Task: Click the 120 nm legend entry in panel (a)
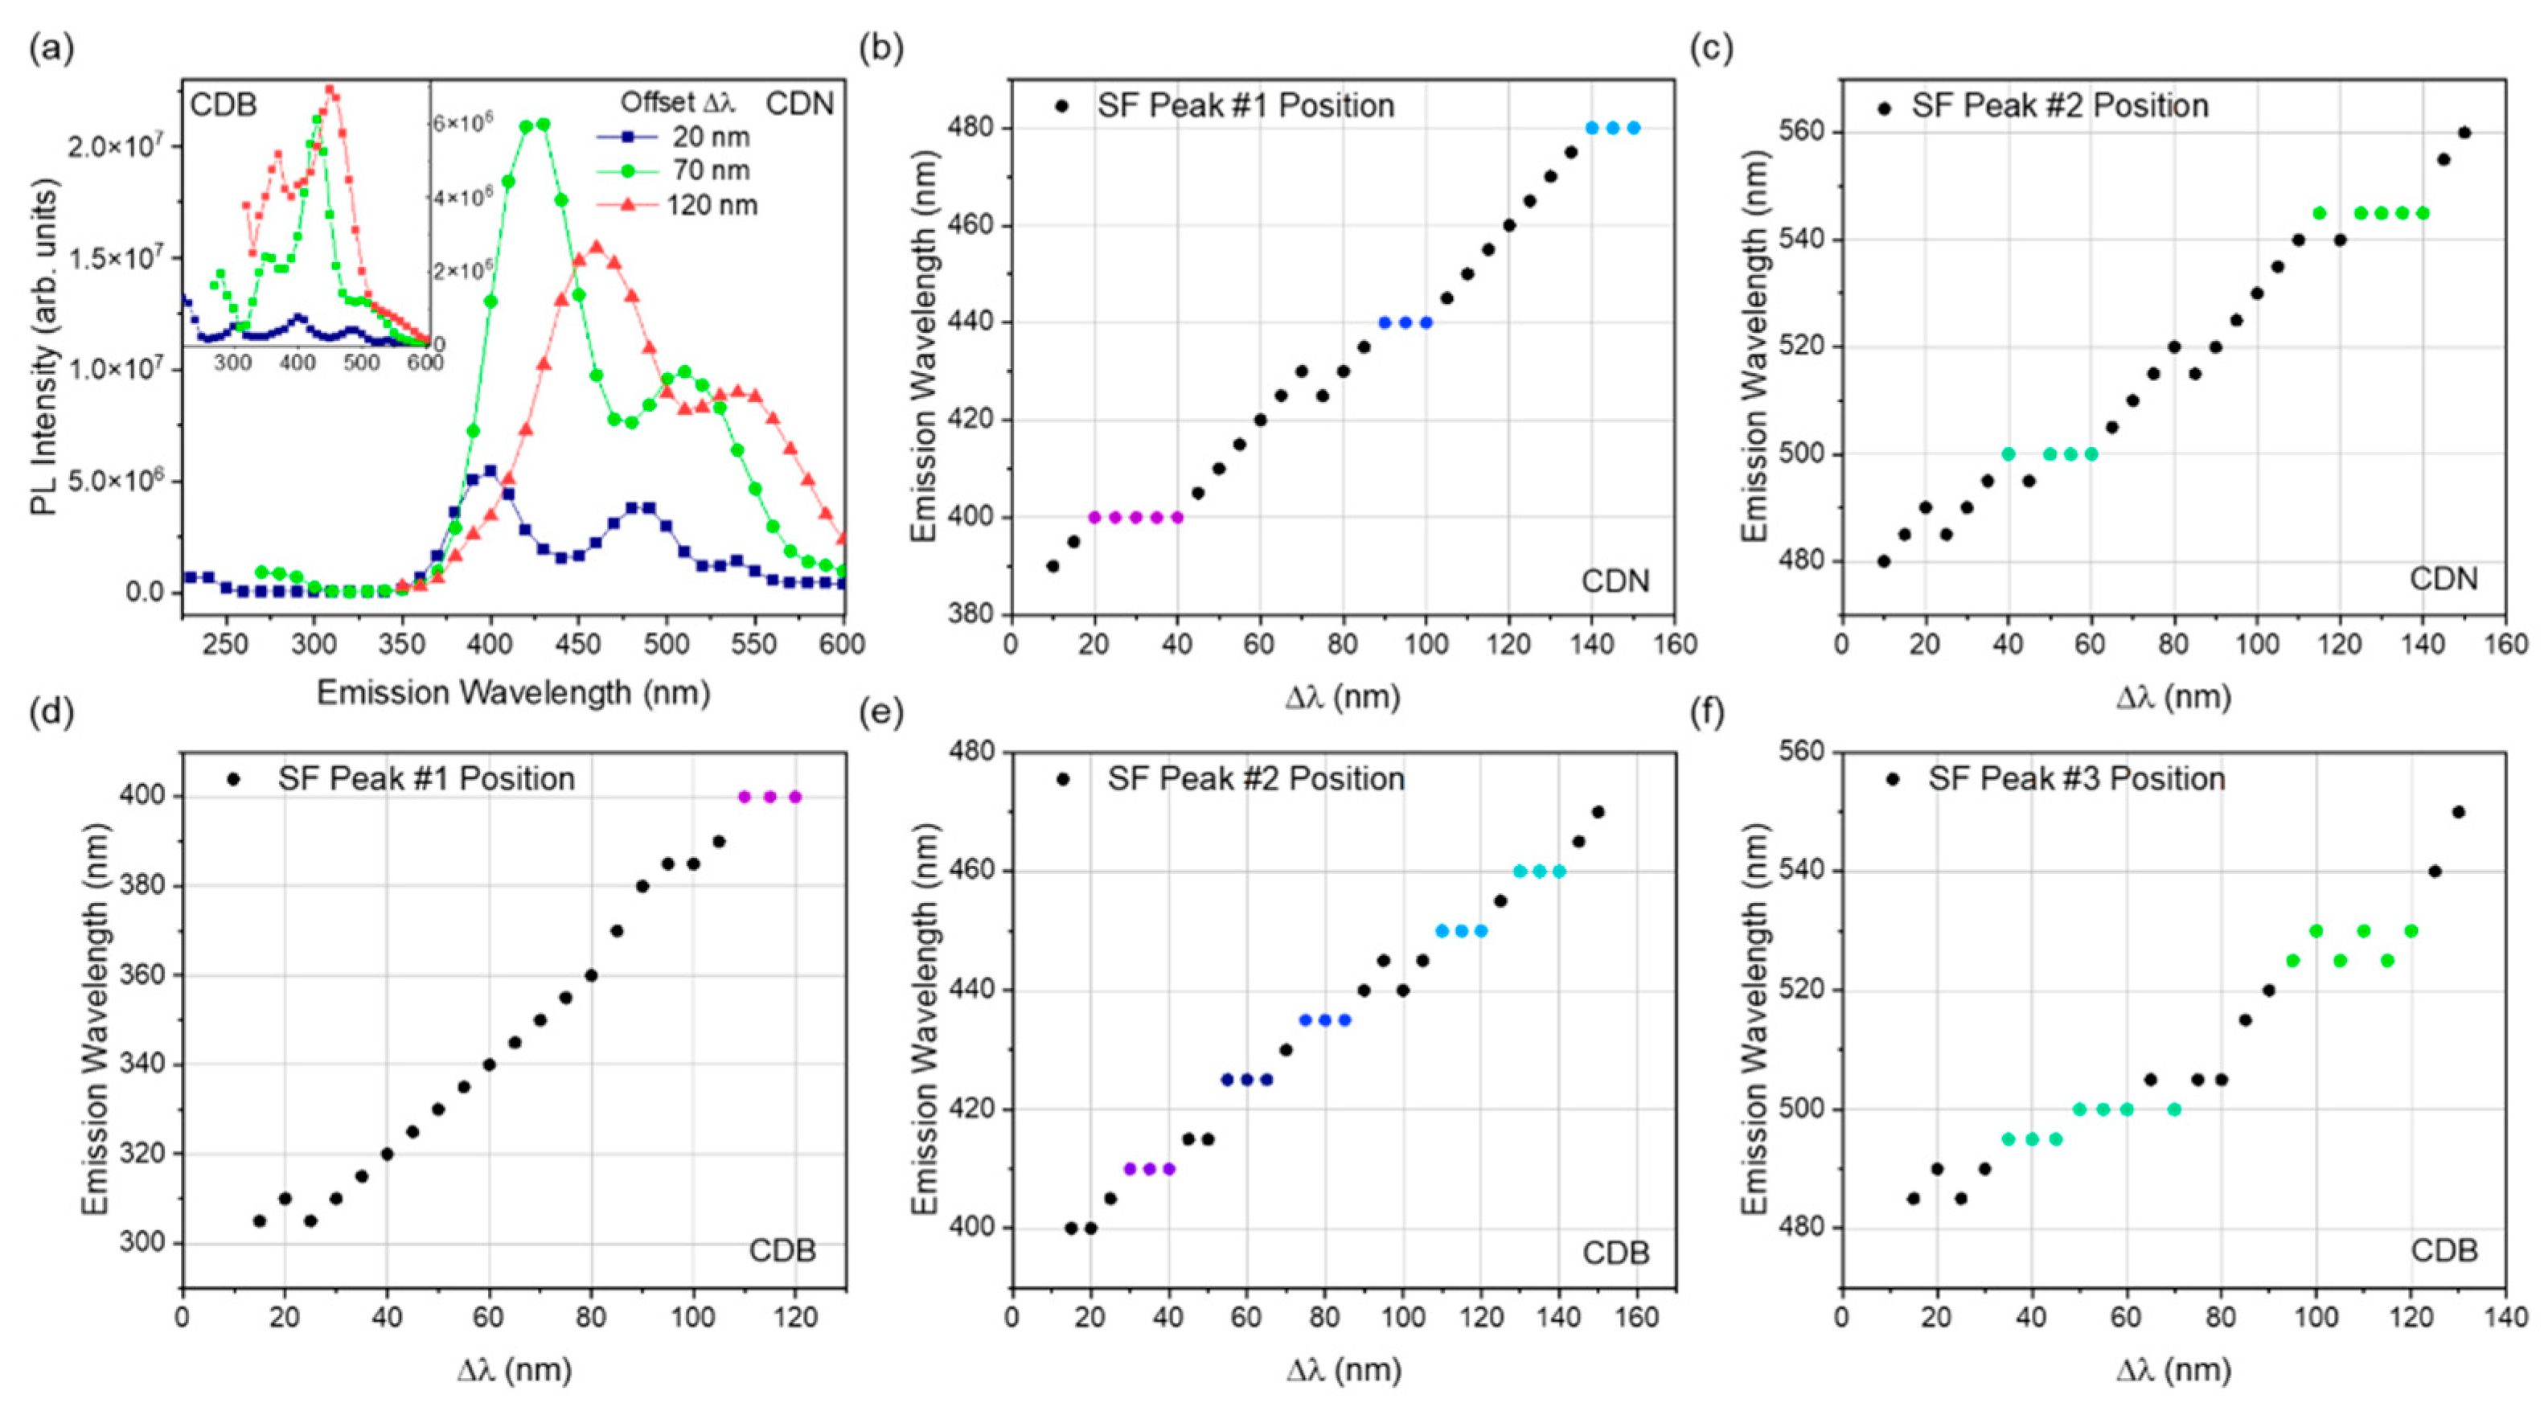(x=711, y=205)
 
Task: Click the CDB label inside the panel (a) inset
(x=224, y=105)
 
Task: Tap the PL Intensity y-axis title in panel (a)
(x=43, y=347)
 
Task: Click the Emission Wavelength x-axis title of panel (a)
(x=514, y=692)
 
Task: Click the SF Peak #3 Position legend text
(x=2076, y=778)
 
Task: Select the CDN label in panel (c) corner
(x=2443, y=579)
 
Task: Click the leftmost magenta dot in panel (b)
(x=1094, y=518)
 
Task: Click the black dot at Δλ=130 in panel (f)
(x=2459, y=813)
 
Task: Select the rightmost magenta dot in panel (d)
(x=795, y=797)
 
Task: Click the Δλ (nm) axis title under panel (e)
(x=1343, y=1369)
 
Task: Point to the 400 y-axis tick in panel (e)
(x=972, y=1228)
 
